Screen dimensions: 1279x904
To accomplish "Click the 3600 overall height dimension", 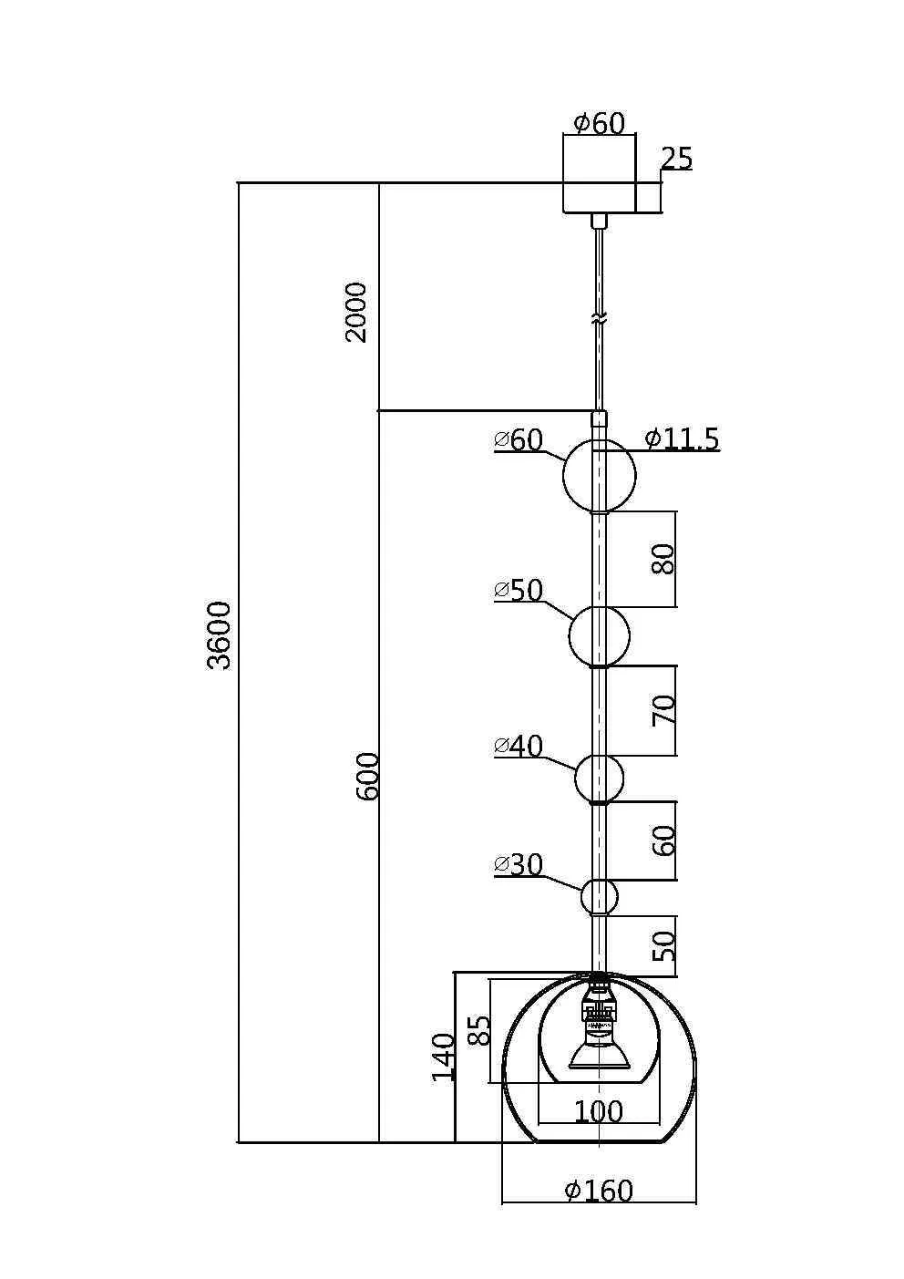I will [x=220, y=634].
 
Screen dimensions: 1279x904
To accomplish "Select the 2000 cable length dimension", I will [x=356, y=312].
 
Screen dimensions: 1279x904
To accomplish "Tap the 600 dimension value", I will [x=366, y=776].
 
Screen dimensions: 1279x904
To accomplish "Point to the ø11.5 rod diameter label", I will [x=682, y=439].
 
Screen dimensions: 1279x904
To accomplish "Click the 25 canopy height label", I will [x=676, y=159].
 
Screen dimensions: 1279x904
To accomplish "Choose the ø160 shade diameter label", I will [x=599, y=1190].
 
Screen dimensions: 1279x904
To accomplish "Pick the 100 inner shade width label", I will [x=599, y=1111].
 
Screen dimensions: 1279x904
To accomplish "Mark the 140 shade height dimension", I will [x=444, y=1057].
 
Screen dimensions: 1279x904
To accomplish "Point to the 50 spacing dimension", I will [x=665, y=945].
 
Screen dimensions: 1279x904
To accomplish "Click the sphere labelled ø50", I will [x=599, y=636].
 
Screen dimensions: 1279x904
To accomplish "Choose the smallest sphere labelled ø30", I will [x=599, y=896].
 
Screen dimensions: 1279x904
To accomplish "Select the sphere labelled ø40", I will [x=599, y=779].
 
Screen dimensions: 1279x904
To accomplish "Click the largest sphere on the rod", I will [x=599, y=476].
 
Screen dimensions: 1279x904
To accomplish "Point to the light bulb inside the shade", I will [x=598, y=1053].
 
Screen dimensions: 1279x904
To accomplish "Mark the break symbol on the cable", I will [x=599, y=320].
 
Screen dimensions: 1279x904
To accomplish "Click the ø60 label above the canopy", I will [x=599, y=123].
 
